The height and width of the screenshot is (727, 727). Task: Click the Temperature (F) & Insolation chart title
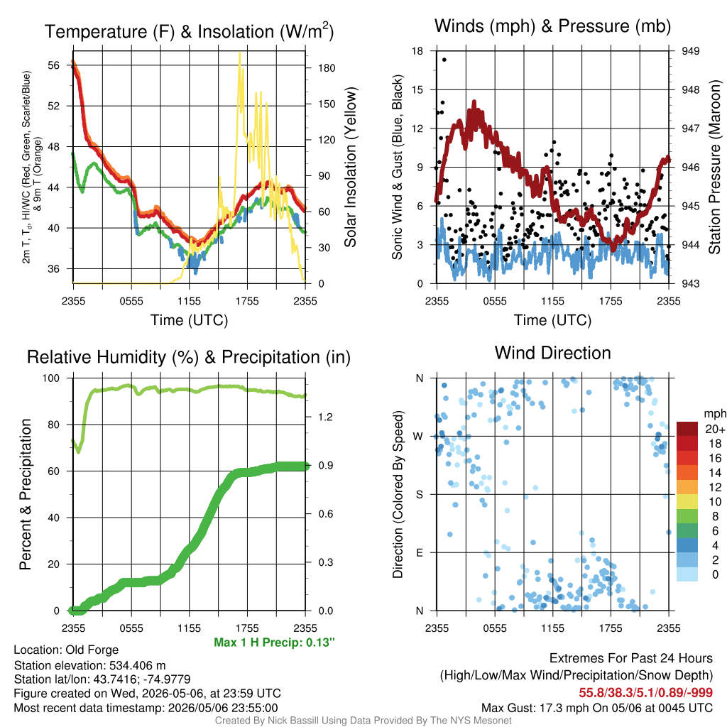[x=189, y=31]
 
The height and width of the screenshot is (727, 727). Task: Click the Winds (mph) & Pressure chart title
[x=552, y=26]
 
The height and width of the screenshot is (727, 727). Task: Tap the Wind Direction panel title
[x=552, y=353]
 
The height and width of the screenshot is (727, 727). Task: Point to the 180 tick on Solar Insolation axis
[x=327, y=68]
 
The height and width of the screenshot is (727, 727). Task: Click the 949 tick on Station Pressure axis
[x=690, y=51]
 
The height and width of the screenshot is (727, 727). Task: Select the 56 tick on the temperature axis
[x=54, y=65]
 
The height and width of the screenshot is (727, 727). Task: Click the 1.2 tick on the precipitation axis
[x=326, y=417]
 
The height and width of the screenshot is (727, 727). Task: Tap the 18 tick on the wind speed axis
[x=417, y=51]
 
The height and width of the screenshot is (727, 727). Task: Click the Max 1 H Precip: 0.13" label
[x=274, y=643]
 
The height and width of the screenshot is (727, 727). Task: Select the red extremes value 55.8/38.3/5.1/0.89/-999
[x=645, y=693]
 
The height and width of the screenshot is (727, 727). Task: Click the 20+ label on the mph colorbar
[x=715, y=430]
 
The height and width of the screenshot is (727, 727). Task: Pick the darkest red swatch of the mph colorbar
[x=687, y=429]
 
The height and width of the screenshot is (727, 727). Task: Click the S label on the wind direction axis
[x=420, y=495]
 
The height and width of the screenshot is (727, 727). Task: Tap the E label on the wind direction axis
[x=420, y=552]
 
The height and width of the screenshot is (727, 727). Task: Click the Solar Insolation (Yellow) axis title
[x=351, y=167]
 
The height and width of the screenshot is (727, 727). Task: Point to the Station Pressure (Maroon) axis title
[x=714, y=167]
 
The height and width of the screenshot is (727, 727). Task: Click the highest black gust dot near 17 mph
[x=444, y=60]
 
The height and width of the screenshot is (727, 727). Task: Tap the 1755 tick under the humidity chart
[x=247, y=628]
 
